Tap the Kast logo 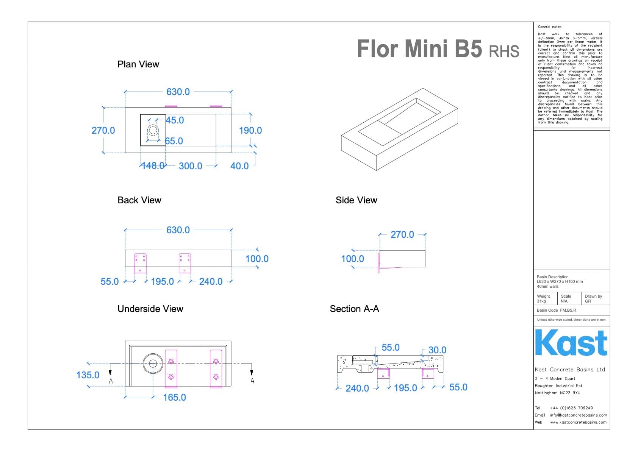coord(571,343)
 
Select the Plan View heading coord(138,64)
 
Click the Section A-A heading coord(354,309)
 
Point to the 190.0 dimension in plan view coord(250,131)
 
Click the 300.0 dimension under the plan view coord(190,166)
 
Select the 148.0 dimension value coord(152,165)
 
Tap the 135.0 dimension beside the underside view coord(88,375)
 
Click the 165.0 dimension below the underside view coord(174,398)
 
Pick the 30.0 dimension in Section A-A coord(437,350)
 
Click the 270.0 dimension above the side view coord(402,235)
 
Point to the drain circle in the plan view coord(153,130)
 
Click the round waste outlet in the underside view coord(153,364)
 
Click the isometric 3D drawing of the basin coord(400,129)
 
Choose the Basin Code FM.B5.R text coord(556,311)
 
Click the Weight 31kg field coord(543,299)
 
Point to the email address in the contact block coord(578,415)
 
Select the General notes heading coord(549,27)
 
